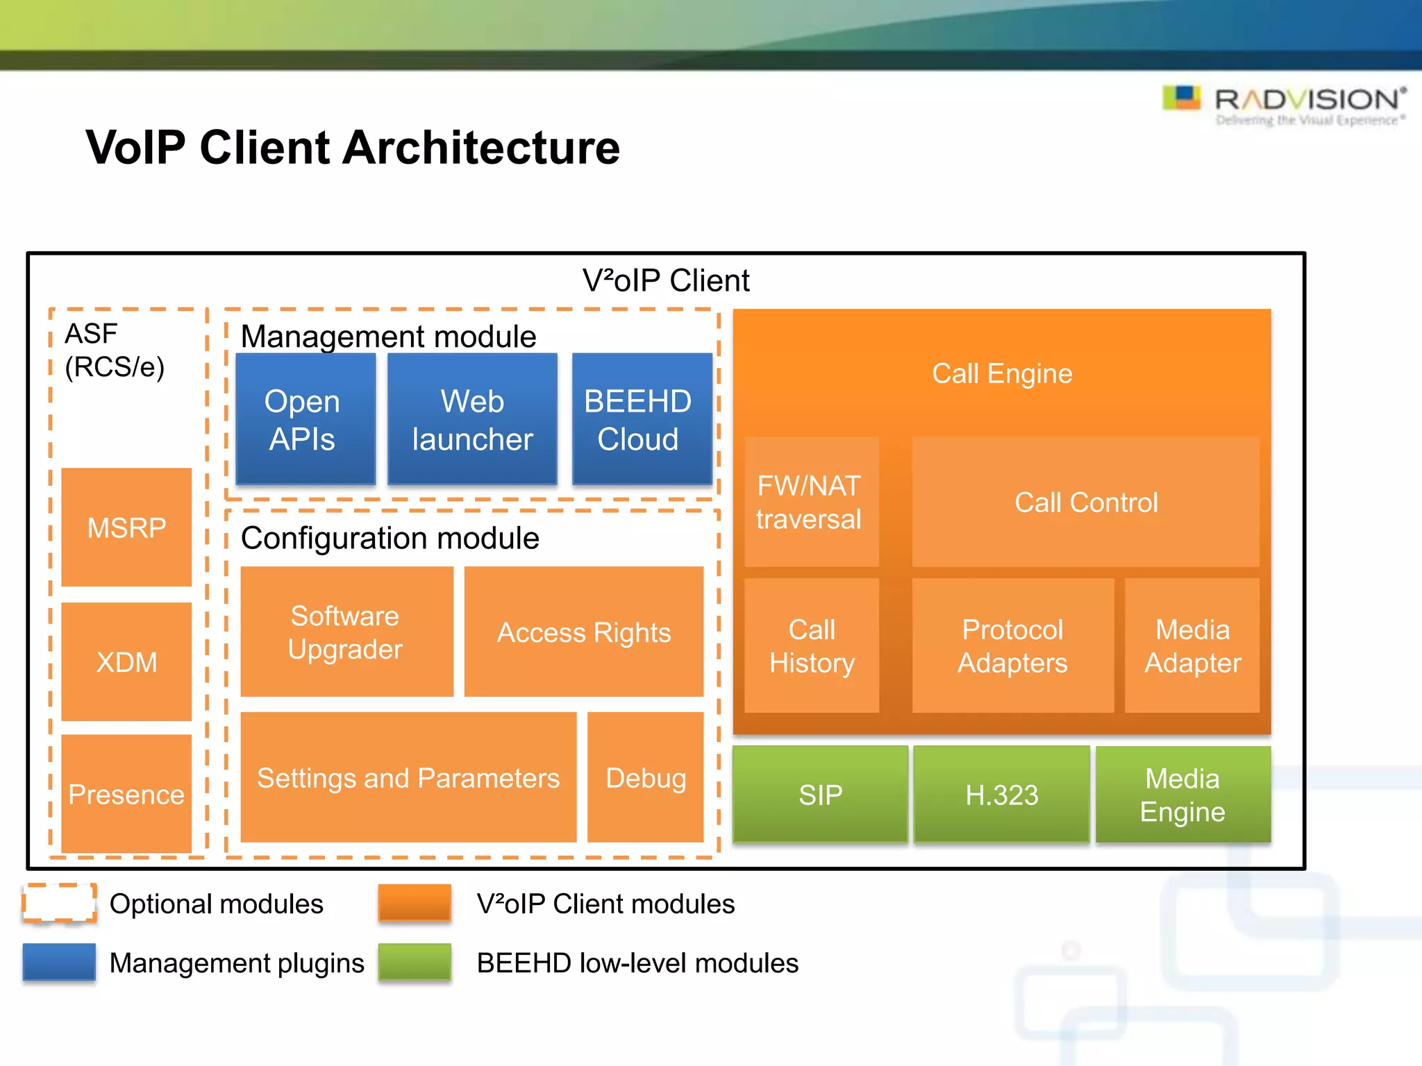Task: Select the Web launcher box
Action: tap(472, 418)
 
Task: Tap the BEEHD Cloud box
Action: tap(642, 418)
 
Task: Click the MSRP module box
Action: tap(126, 527)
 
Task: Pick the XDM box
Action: tap(126, 661)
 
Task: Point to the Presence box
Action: tap(126, 793)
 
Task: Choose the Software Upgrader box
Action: tap(346, 632)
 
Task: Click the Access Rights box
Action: tap(583, 632)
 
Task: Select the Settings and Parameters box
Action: tap(408, 777)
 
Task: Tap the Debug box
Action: tap(645, 777)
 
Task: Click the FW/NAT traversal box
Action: tap(811, 502)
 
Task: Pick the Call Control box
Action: tap(1085, 502)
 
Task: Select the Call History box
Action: tap(811, 645)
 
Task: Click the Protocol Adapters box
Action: tap(1012, 645)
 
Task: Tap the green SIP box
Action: tap(820, 794)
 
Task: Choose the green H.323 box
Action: tap(1001, 794)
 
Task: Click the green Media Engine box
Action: tap(1182, 794)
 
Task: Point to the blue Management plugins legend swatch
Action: tap(59, 962)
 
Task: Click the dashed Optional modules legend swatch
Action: tap(59, 903)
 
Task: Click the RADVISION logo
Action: tap(1285, 104)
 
